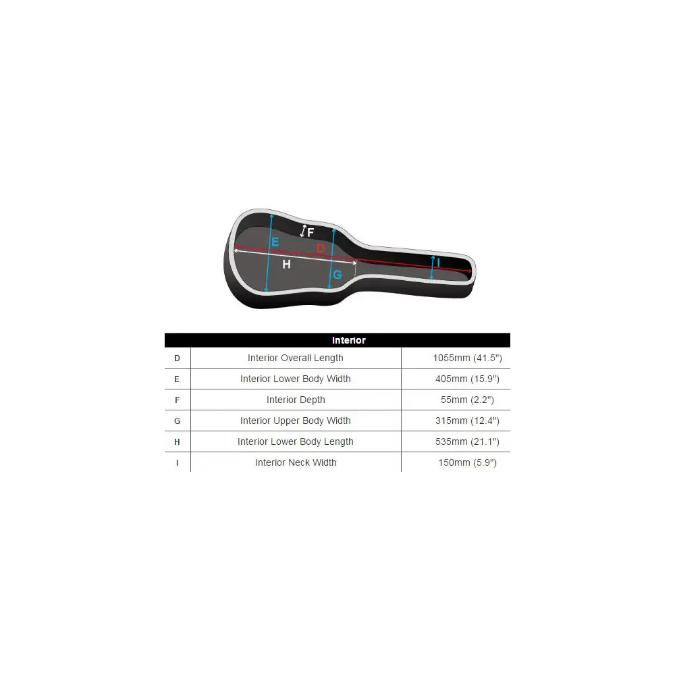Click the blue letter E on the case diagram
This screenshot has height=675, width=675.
275,242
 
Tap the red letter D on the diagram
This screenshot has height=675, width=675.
321,248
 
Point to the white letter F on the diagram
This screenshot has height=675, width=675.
310,232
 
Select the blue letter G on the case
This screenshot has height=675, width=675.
337,274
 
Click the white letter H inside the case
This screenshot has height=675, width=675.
286,265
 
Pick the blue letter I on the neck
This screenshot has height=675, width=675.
438,262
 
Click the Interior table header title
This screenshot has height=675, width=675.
349,340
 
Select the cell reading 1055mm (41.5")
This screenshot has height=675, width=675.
468,358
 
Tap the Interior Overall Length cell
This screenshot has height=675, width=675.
296,358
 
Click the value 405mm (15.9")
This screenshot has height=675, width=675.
468,379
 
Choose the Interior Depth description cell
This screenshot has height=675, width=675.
296,400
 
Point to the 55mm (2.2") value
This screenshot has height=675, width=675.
468,400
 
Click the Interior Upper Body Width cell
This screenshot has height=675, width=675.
296,421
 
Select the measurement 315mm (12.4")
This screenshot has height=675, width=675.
468,421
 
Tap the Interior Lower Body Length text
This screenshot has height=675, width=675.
296,441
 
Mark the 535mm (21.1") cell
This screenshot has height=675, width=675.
468,441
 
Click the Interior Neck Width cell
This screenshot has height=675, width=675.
296,462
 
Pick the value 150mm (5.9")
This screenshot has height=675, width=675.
468,462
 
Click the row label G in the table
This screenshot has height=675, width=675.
177,421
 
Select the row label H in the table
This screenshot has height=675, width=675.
177,442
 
